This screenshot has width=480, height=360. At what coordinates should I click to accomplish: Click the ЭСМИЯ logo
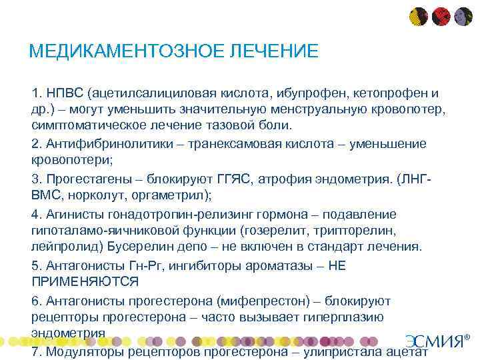(436, 341)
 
